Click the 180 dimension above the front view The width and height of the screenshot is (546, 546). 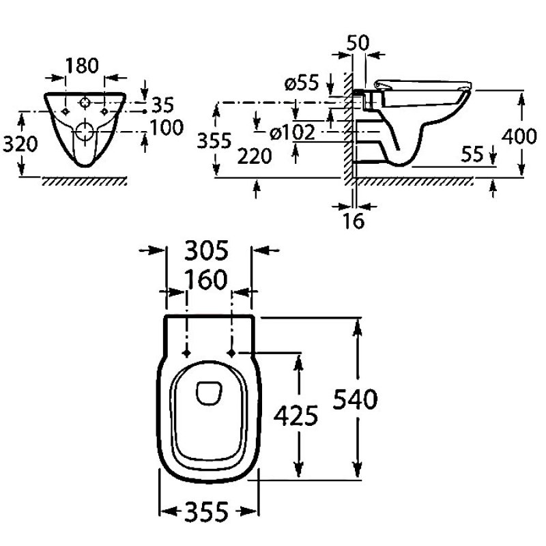point(83,66)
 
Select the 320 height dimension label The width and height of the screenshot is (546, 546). point(16,143)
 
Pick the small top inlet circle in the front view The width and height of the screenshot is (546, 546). point(85,104)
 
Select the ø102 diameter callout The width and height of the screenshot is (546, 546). point(293,133)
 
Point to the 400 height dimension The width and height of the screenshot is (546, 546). point(519,136)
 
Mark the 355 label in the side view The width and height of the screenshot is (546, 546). point(213,141)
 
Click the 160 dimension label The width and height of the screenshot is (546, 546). point(208,280)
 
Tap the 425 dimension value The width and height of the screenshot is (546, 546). point(296,414)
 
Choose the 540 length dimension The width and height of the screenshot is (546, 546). point(356,399)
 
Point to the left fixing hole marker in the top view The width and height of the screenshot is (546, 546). point(186,353)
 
